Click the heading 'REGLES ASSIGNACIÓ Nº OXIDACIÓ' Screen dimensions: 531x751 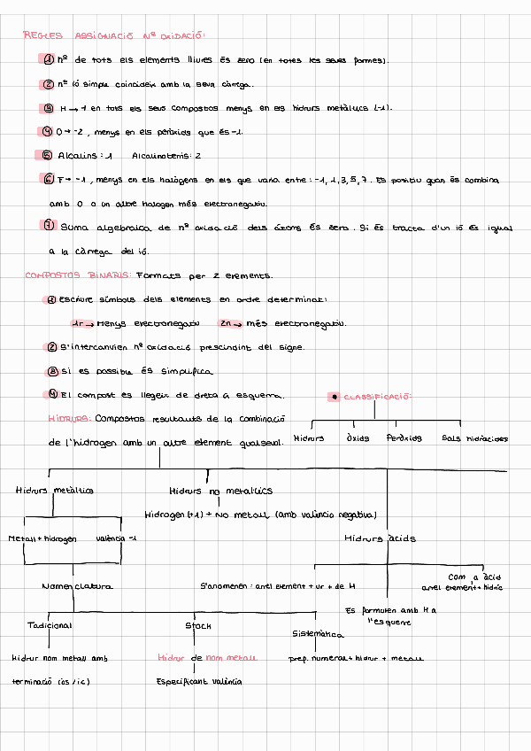(114, 36)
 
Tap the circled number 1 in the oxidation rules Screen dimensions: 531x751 (49, 59)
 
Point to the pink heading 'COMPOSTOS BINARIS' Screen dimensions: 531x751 (78, 275)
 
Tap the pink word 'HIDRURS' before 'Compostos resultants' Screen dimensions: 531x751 (68, 417)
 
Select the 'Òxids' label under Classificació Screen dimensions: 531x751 (358, 437)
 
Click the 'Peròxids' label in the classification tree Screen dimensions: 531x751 (404, 437)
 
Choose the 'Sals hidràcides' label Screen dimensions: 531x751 (474, 437)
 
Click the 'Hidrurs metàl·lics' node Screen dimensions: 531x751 (55, 490)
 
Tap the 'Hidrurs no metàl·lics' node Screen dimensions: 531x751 (220, 490)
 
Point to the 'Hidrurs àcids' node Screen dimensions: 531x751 (380, 538)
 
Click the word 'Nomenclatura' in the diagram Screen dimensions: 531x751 (77, 585)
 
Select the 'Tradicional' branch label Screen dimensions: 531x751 (50, 625)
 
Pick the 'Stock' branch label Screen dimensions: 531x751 (198, 625)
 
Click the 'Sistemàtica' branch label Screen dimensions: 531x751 (318, 634)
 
